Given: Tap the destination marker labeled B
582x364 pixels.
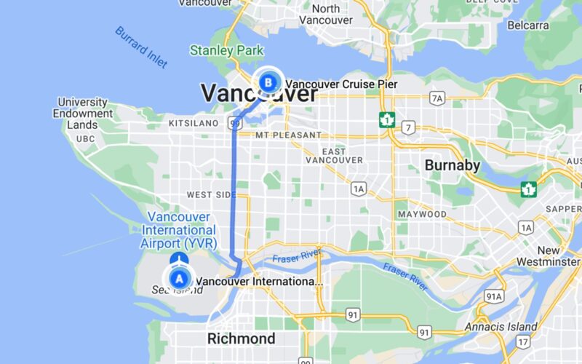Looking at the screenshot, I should [x=269, y=82].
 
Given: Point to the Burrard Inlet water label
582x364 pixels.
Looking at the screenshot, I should [x=141, y=47].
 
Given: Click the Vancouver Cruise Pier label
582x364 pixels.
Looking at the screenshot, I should [x=341, y=84].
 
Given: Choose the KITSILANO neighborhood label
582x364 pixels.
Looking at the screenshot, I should [x=194, y=124].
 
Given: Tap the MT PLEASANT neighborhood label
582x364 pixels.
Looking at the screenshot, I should [x=288, y=135].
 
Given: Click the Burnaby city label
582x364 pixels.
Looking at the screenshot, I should [x=453, y=165].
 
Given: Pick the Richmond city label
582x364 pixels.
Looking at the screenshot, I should [x=242, y=339].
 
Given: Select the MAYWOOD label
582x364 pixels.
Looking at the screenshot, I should [x=422, y=215].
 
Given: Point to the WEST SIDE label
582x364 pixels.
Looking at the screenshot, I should [x=211, y=195].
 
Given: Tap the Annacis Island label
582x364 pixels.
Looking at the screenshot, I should [x=501, y=327].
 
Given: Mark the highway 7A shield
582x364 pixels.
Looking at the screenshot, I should [x=436, y=98].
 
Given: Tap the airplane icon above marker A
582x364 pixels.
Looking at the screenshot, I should [x=179, y=259].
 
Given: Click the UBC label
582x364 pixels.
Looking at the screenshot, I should [x=85, y=138].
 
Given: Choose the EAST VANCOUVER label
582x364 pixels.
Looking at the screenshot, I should [x=334, y=155].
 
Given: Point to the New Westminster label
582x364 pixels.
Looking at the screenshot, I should [x=549, y=256].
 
